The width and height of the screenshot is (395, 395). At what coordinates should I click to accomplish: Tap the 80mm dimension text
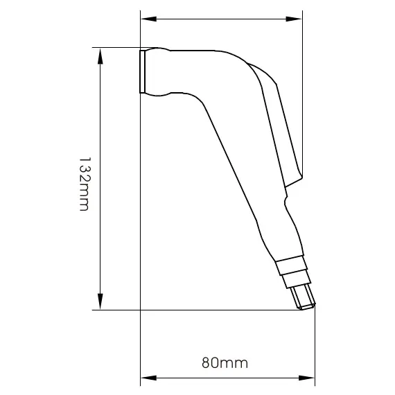click(225, 362)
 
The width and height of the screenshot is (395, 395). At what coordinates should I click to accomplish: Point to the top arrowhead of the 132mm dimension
click(101, 55)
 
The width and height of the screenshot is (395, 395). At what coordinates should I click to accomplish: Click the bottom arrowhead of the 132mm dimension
click(101, 302)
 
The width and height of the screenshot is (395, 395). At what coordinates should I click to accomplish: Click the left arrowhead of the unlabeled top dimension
click(148, 19)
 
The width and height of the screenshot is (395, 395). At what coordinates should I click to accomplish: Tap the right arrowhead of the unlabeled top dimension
click(295, 19)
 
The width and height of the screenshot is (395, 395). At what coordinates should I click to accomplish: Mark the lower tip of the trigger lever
click(297, 182)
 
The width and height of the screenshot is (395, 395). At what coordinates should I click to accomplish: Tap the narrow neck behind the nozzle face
click(158, 71)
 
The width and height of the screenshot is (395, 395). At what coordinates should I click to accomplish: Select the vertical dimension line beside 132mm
click(101, 125)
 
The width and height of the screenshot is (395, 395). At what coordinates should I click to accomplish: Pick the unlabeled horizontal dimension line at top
click(222, 19)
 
